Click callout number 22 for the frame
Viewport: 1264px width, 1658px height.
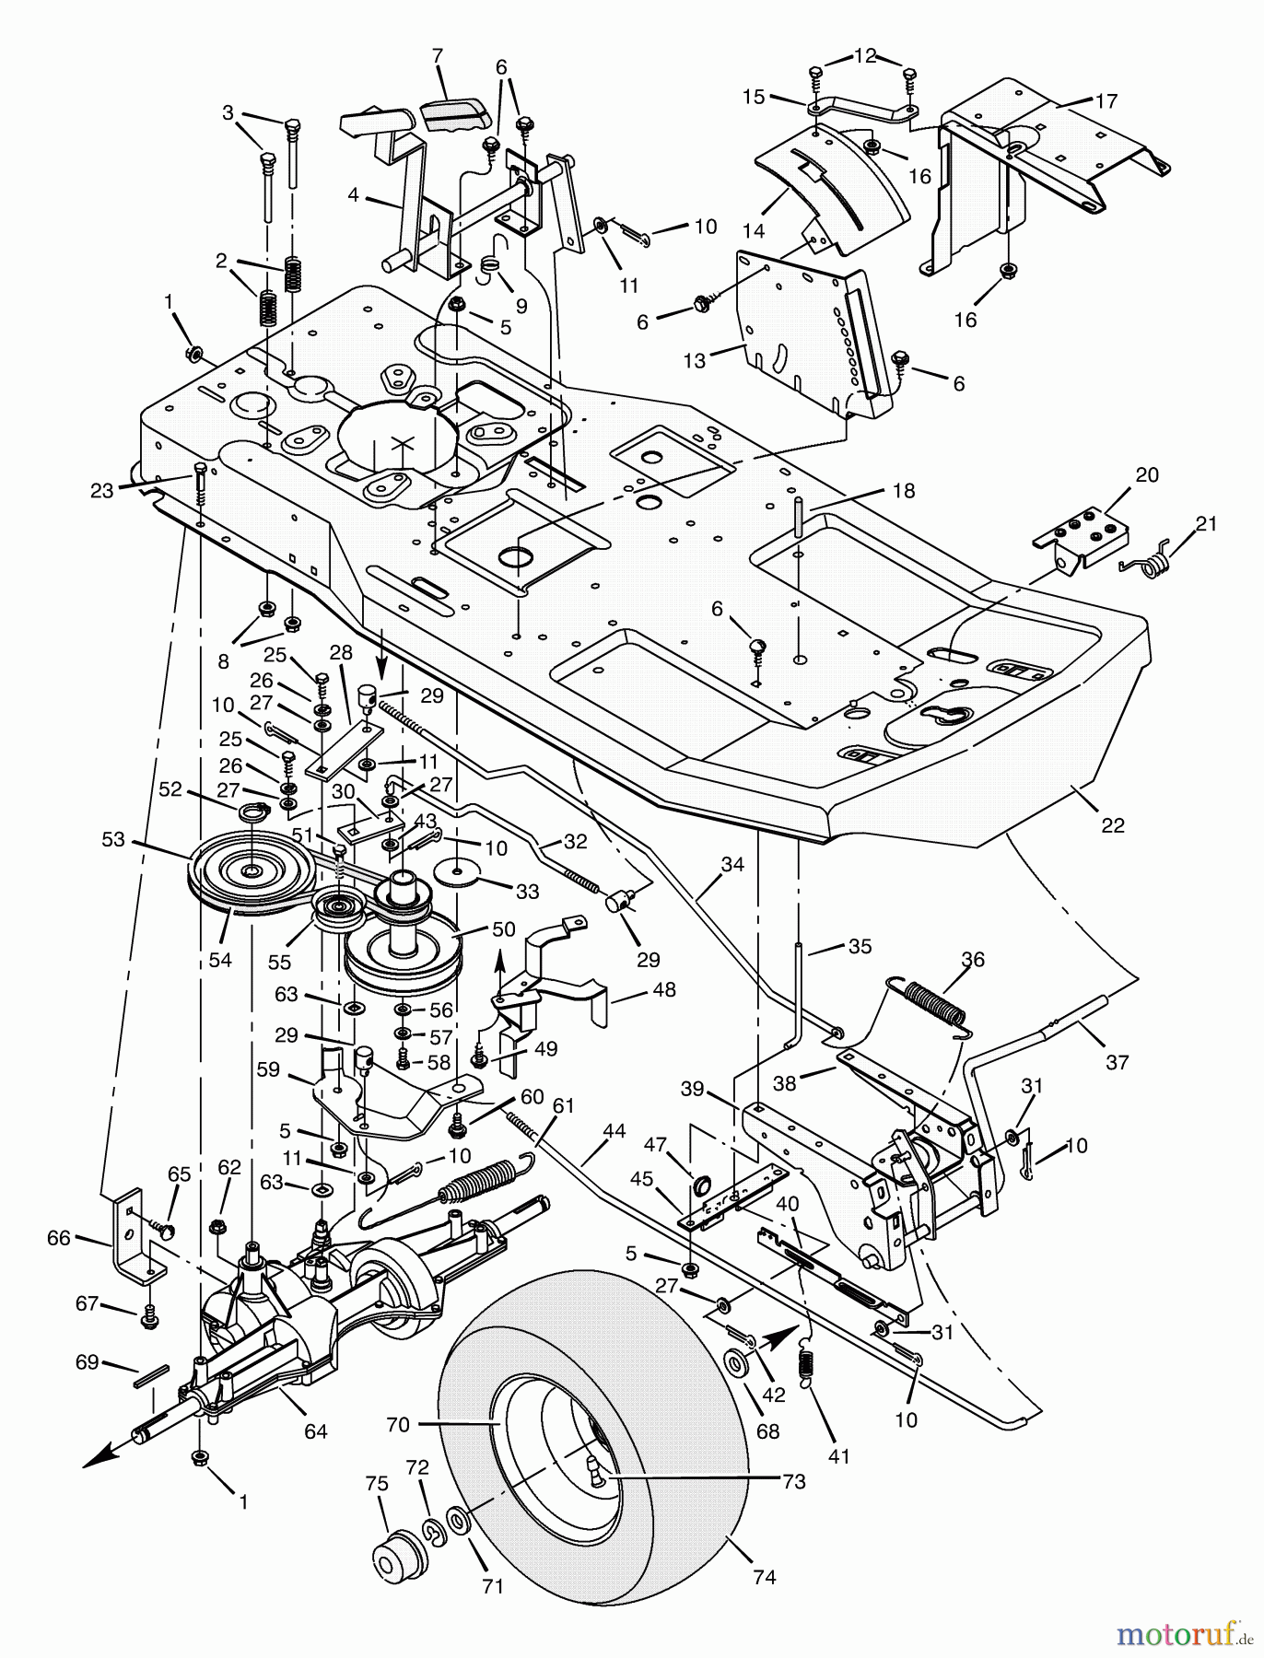click(x=1113, y=825)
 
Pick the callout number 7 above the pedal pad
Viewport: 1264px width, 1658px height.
click(x=438, y=57)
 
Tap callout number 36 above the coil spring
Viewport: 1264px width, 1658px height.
click(x=972, y=960)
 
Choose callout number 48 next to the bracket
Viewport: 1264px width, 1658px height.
click(x=663, y=990)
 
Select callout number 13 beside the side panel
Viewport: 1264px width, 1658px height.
click(x=694, y=361)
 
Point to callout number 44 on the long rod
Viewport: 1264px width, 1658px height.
click(x=614, y=1129)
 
